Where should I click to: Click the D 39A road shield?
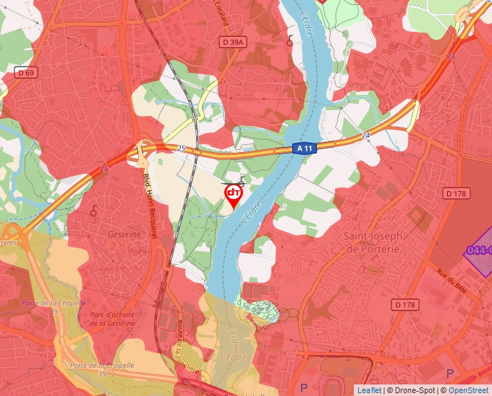(x=234, y=43)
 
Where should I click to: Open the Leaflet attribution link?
(x=369, y=390)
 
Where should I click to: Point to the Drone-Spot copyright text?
(x=412, y=390)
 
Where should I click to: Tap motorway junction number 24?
(x=365, y=135)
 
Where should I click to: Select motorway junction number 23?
(x=451, y=56)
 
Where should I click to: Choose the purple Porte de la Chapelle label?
(x=54, y=303)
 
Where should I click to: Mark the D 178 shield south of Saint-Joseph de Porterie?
(x=406, y=305)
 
